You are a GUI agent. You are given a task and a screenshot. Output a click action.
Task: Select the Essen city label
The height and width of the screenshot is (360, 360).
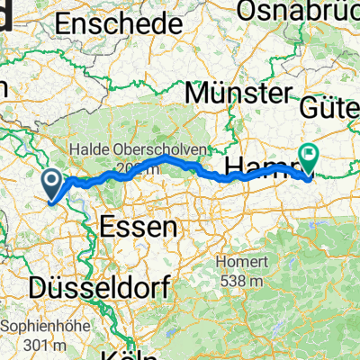[139, 228]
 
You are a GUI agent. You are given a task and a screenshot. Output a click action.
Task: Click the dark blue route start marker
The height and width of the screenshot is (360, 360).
[53, 187]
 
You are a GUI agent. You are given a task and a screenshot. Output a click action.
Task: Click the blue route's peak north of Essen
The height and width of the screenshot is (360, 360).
[166, 157]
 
